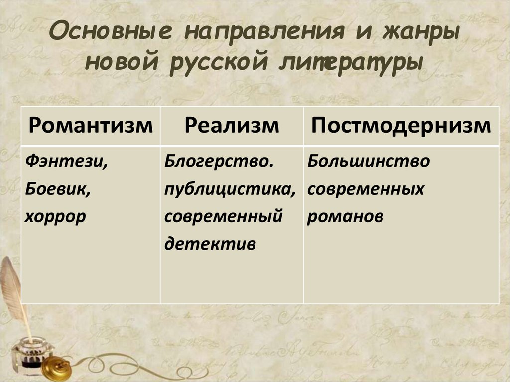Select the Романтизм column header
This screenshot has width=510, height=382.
[x=91, y=126]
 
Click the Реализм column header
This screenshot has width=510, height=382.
[x=232, y=126]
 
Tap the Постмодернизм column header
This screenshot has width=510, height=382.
[x=401, y=126]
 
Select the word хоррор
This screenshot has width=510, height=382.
[x=55, y=217]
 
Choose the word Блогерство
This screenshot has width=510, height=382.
[x=220, y=162]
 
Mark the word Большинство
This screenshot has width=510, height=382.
[x=368, y=162]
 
